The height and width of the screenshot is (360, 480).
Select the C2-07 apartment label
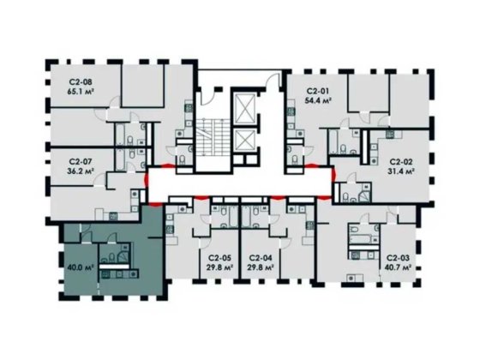pyautogui.click(x=81, y=159)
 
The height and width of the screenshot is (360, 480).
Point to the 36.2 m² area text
pyautogui.click(x=81, y=170)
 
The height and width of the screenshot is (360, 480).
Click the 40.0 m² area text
pyautogui.click(x=80, y=267)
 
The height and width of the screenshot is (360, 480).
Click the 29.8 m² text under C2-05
pyautogui.click(x=219, y=267)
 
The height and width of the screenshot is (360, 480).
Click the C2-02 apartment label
pyautogui.click(x=401, y=160)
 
